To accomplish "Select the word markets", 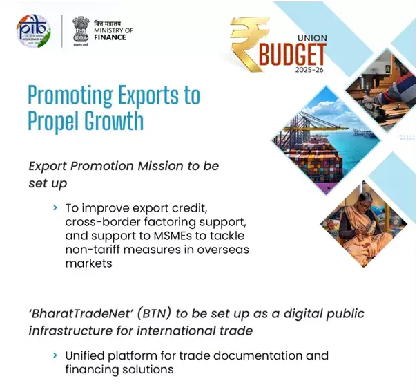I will (x=88, y=263).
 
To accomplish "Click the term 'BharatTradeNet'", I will (x=74, y=313).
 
